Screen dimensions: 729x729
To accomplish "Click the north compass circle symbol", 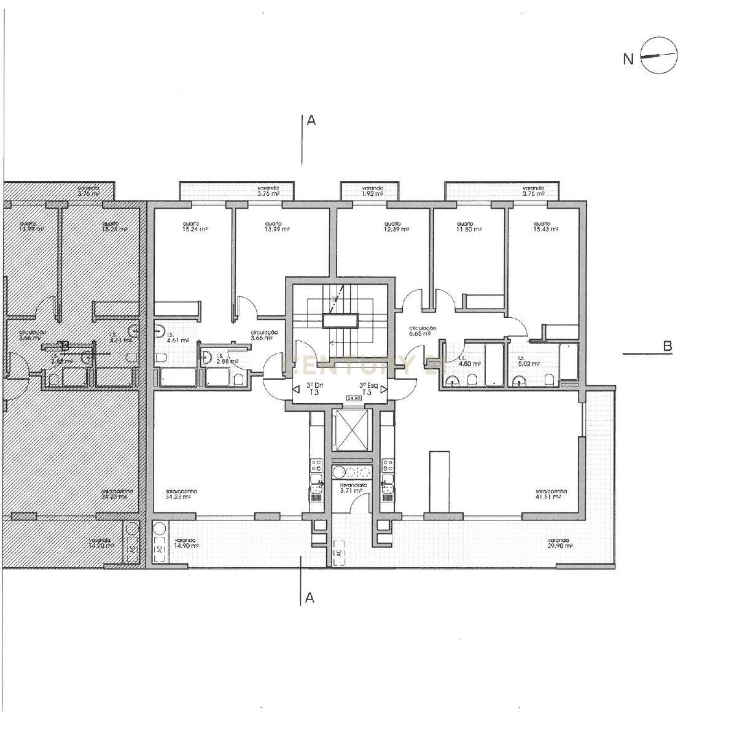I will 658,56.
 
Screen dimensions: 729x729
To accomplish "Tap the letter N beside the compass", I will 628,60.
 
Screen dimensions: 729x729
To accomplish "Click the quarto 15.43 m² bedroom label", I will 545,226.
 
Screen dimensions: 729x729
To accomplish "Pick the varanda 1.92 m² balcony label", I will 372,191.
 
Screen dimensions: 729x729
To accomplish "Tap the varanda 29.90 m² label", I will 559,544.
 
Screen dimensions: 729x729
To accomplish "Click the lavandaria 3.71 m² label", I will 353,488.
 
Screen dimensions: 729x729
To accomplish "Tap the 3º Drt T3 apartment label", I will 316,389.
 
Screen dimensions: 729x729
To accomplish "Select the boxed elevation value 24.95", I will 354,398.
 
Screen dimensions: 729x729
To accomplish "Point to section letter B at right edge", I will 667,347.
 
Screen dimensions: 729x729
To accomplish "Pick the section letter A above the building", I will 311,121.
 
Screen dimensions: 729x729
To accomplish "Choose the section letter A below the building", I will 310,597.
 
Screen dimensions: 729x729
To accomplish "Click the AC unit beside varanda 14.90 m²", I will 160,550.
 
